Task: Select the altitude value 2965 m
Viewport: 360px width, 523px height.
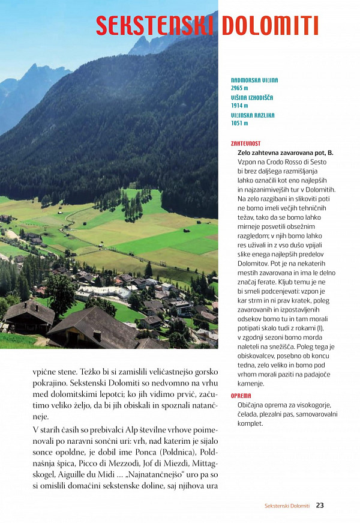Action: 239,88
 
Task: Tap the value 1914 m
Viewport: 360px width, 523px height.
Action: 239,105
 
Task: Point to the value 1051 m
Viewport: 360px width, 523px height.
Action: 239,123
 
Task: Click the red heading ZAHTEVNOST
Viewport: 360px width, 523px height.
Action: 245,144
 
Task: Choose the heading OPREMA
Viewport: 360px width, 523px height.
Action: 241,396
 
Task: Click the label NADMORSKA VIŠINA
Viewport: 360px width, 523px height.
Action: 254,80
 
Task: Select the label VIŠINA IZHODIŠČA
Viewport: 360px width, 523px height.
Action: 252,97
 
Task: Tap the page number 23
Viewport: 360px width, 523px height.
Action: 320,506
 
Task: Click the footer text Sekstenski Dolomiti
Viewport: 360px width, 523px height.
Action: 287,506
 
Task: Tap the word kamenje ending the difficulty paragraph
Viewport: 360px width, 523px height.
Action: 251,382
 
